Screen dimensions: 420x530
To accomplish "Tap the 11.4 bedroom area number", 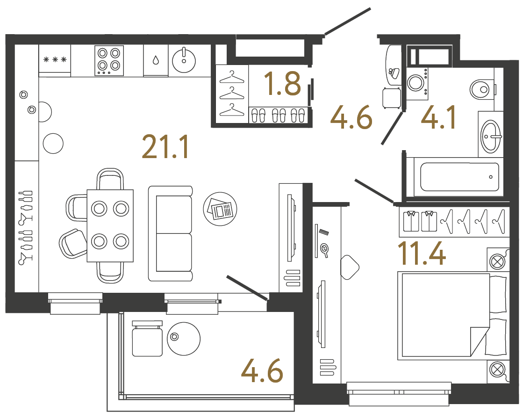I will (x=421, y=253).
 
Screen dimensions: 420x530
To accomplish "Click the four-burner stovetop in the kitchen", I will (x=109, y=60).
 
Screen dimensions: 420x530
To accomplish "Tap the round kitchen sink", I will (x=184, y=58).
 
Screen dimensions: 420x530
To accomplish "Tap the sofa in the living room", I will (x=171, y=233).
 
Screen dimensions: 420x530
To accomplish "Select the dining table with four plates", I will (x=110, y=225).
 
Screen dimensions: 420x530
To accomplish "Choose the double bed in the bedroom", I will (x=451, y=316).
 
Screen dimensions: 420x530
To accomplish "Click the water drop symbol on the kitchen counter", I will (x=155, y=60).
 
